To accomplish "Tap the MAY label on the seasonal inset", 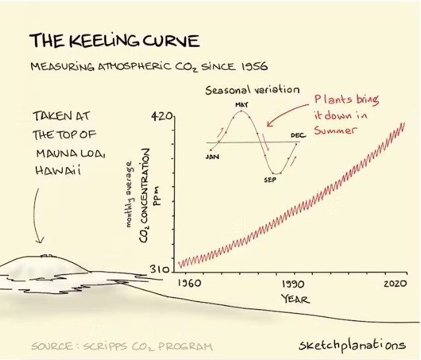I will coord(242,105).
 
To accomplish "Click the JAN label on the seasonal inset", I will coord(212,157).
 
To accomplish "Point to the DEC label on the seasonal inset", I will coord(297,135).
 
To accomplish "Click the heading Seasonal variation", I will coord(253,90).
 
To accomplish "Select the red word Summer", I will coord(335,130).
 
